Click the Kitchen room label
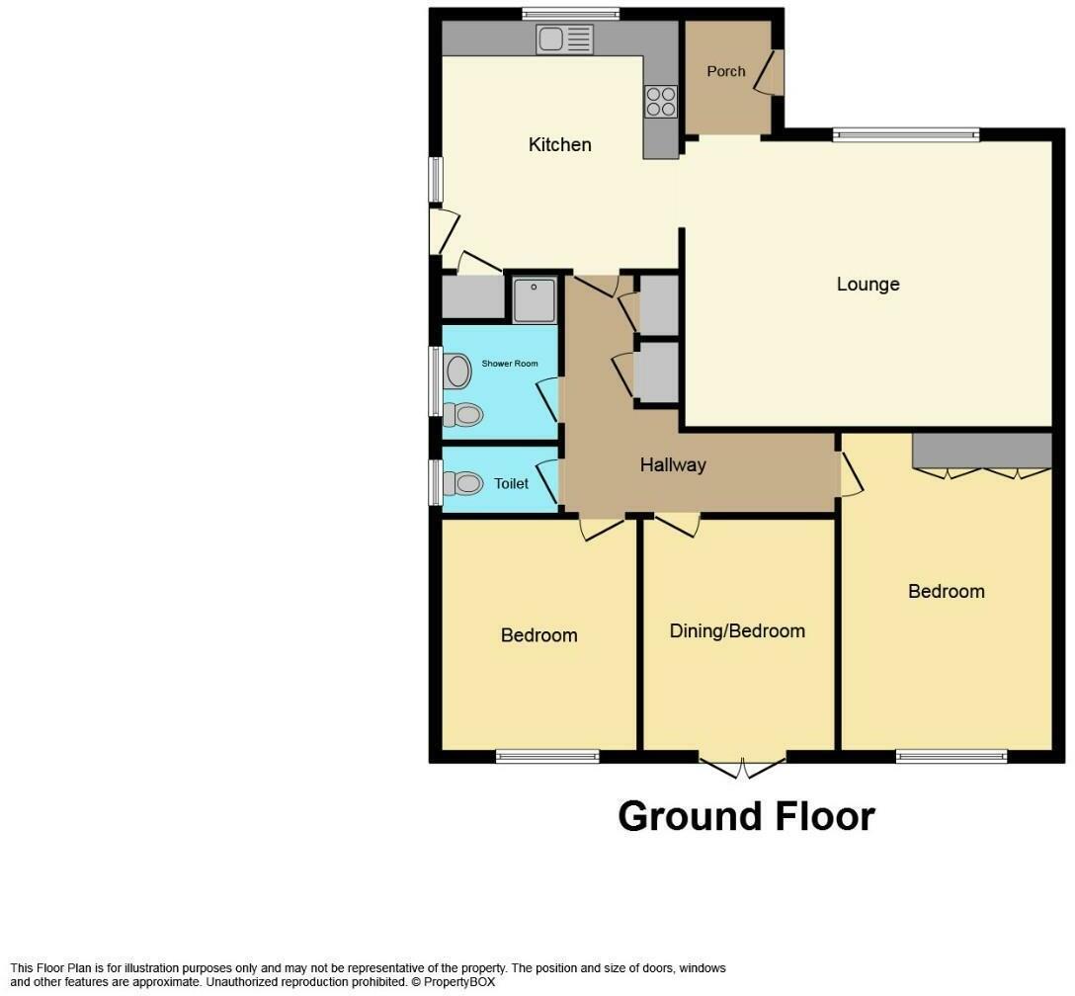(559, 144)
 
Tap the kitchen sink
(564, 40)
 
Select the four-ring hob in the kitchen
(661, 102)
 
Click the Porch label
(726, 71)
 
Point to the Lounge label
(868, 284)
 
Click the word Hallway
(673, 464)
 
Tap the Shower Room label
(510, 364)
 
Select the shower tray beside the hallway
(535, 299)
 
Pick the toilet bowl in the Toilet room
(462, 483)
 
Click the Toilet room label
(511, 484)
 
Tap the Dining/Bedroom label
(737, 630)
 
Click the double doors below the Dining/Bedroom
(742, 768)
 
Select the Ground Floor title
(747, 816)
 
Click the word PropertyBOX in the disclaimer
(458, 981)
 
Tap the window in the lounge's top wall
(906, 134)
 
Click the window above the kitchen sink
(570, 14)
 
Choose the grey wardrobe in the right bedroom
(982, 451)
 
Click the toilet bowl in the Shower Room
(462, 415)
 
